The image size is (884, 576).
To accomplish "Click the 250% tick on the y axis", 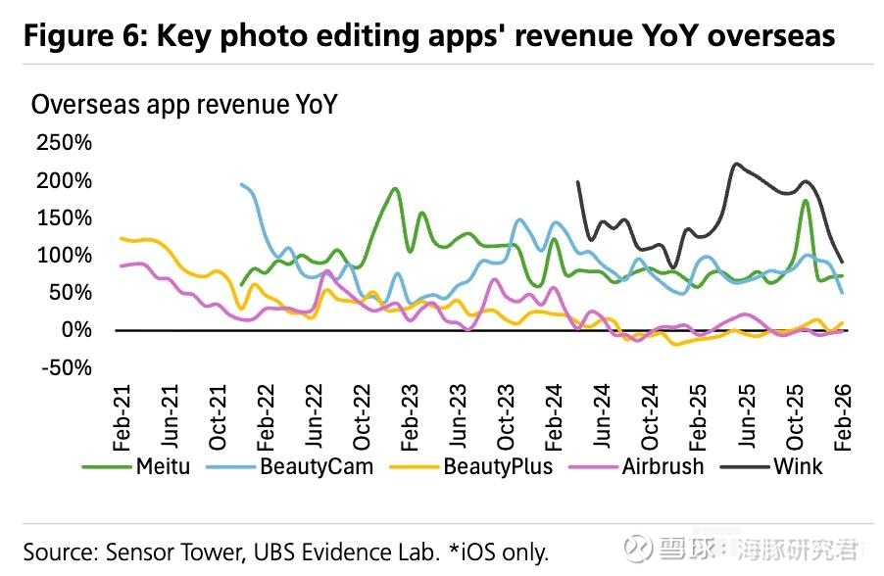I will [64, 143].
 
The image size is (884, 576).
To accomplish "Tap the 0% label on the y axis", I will [77, 330].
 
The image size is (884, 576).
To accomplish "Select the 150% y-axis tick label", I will [64, 217].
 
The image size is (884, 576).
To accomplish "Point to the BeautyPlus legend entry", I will [476, 466].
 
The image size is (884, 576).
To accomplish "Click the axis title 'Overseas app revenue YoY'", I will [184, 105].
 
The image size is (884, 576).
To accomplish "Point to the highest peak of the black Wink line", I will [736, 164].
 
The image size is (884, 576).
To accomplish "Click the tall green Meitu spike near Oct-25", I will [805, 201].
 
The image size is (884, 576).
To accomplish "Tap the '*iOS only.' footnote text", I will [497, 550].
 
